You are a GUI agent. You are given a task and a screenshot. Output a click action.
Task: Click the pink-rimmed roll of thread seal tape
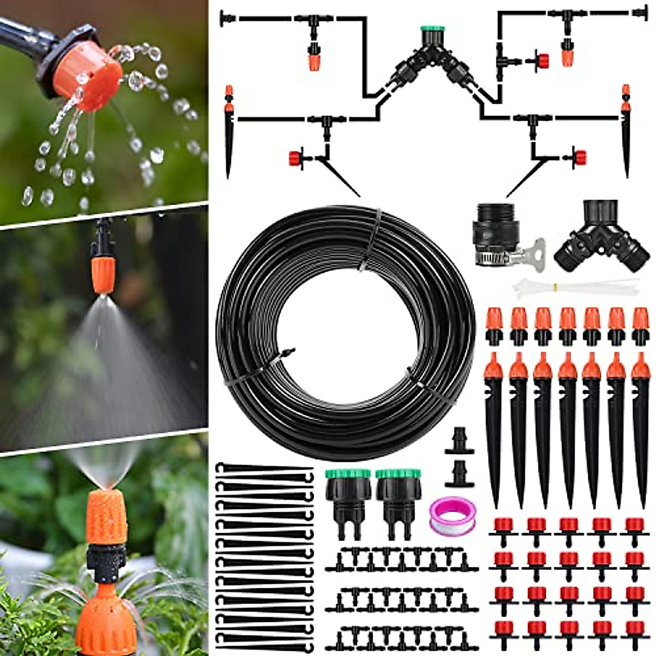(452, 516)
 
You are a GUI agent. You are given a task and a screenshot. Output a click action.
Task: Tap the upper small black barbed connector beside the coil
(459, 442)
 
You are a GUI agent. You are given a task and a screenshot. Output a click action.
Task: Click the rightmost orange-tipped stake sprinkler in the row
(640, 426)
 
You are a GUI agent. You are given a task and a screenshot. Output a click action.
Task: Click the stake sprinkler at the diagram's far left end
(229, 131)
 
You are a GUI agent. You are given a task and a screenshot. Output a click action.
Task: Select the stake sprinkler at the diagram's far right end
(626, 131)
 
